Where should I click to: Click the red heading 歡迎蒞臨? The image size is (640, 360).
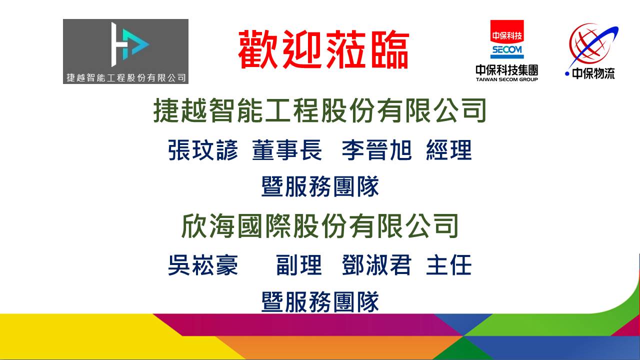coord(323,49)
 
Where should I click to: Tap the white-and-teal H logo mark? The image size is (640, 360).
coord(130,44)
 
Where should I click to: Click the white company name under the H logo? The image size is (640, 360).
coord(126,77)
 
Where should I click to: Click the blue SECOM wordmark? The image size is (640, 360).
coord(507,50)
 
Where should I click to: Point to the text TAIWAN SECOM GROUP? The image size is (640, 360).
coord(507,79)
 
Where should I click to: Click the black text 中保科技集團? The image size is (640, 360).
coord(507,70)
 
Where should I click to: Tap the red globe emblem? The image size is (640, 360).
coord(591,45)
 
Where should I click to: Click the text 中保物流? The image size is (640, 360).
coord(593,74)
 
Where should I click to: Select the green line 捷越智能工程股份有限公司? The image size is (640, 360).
coord(319,110)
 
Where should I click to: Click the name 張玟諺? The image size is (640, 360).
coord(202,150)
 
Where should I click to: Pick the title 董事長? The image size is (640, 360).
coord(287,150)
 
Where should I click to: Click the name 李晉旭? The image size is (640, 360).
coord(376,150)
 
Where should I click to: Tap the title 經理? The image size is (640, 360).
coord(448,150)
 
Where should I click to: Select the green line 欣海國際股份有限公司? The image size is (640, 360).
coord(319,226)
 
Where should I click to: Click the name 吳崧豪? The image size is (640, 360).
coord(202,265)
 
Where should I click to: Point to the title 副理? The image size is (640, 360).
coord(299,265)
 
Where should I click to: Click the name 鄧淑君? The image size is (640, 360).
coord(376,265)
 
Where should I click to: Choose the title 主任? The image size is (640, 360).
coord(448,265)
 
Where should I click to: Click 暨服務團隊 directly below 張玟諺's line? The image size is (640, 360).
coord(320,186)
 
